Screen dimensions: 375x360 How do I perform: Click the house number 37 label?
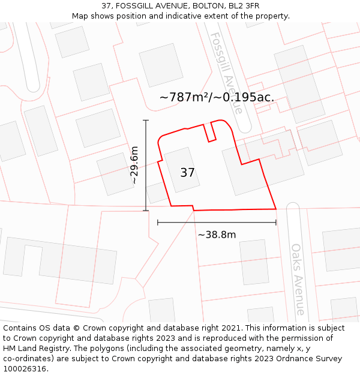[187, 173]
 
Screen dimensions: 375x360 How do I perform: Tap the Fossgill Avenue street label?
[226, 73]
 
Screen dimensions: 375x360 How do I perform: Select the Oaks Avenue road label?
[298, 278]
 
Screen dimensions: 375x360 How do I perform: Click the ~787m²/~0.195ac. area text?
[217, 97]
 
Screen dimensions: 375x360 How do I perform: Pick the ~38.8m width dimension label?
[217, 235]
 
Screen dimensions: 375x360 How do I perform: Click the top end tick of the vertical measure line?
[146, 121]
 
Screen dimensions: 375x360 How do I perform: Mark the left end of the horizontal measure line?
[158, 223]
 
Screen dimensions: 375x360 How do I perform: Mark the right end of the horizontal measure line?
[276, 223]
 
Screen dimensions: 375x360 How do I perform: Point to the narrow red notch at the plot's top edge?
[209, 133]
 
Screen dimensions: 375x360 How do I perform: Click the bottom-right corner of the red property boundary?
[276, 209]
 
